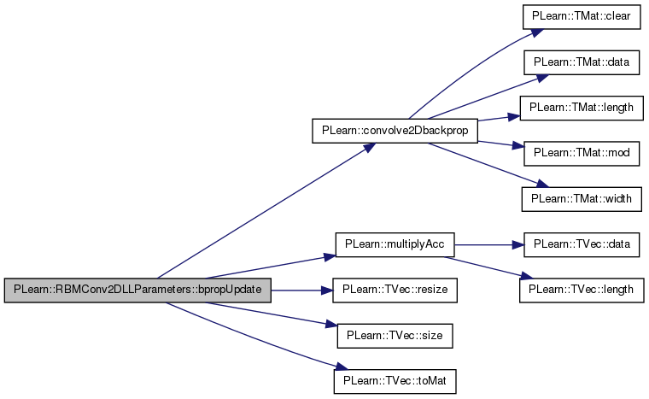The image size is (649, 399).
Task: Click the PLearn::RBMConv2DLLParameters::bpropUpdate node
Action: click(x=137, y=290)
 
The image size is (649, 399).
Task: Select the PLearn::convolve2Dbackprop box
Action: click(x=395, y=131)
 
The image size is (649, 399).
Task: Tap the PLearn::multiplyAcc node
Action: click(x=395, y=244)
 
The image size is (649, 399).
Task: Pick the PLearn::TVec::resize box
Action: click(x=395, y=290)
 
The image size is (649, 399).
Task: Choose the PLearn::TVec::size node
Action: click(x=395, y=336)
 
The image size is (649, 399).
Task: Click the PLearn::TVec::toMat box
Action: click(x=395, y=381)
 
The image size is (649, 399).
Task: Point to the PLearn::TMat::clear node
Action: click(x=582, y=17)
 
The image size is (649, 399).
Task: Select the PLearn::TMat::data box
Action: click(x=582, y=62)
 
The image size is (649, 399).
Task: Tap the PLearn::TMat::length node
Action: click(x=582, y=109)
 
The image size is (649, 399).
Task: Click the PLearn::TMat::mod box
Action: click(x=582, y=154)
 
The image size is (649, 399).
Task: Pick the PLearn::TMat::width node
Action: click(x=582, y=199)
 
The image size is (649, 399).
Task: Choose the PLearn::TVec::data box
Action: click(x=582, y=244)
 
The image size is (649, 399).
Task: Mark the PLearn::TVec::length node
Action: click(x=582, y=290)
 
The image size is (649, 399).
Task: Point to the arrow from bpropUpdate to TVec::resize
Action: click(x=302, y=290)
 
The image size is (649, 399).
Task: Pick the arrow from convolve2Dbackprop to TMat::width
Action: click(x=488, y=165)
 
